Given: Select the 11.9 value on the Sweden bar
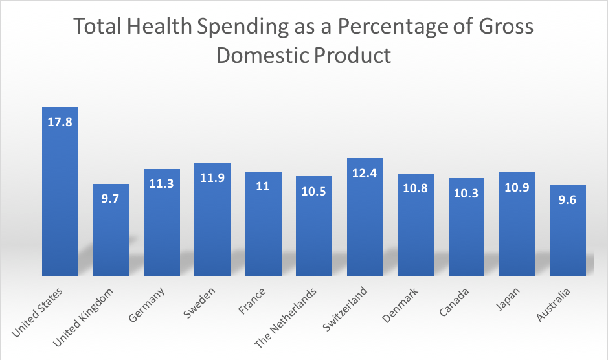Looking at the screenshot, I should [x=212, y=177].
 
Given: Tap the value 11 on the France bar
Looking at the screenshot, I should [x=263, y=186].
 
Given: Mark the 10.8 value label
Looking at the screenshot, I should [x=416, y=188].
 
